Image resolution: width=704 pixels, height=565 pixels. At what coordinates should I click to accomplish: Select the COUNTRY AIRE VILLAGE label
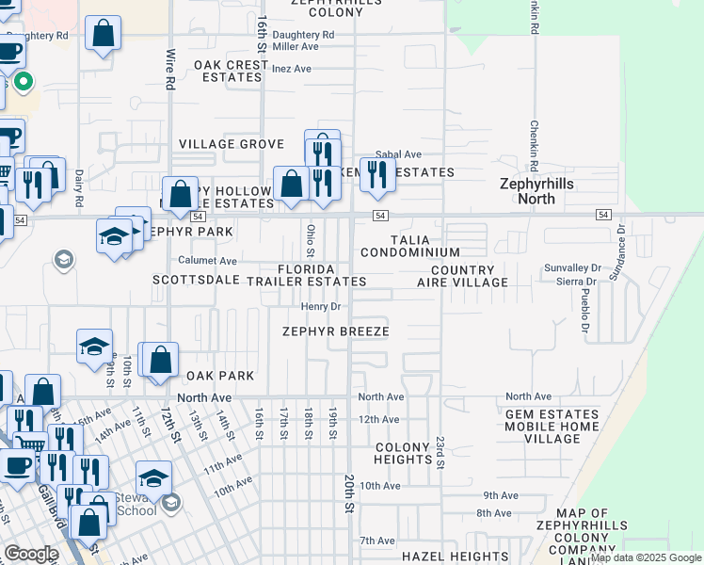tap(462, 276)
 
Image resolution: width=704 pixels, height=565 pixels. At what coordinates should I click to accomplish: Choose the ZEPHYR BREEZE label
tap(335, 331)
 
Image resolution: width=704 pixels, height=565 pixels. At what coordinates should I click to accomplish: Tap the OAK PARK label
tap(219, 376)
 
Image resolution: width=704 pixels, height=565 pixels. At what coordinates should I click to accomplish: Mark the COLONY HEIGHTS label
tap(403, 453)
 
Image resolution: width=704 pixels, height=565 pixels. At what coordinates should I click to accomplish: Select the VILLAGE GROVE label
tap(232, 144)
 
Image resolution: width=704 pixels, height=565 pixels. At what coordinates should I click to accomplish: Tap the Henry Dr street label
tap(320, 307)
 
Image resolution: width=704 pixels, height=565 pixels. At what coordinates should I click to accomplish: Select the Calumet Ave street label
tap(208, 260)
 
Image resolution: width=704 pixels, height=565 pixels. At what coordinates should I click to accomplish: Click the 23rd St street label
tap(439, 452)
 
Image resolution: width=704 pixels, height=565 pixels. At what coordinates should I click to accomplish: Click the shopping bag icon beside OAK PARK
tap(161, 361)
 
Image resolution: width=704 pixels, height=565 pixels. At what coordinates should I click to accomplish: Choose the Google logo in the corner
tap(31, 554)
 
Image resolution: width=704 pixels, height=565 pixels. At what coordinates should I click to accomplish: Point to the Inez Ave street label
tap(291, 69)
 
